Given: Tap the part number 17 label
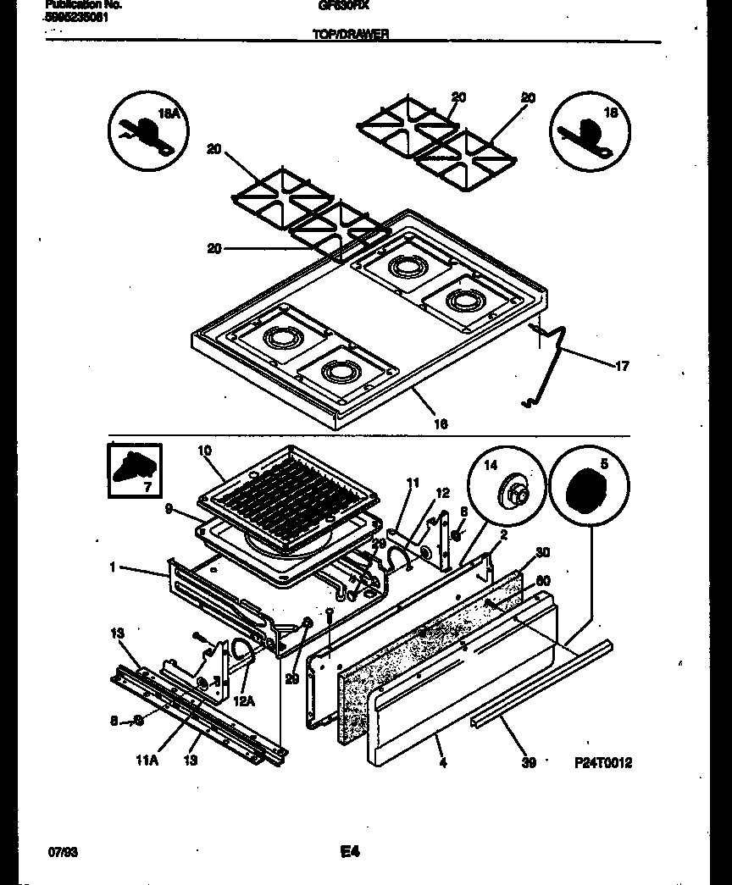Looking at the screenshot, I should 622,366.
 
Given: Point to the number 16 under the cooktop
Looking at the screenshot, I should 441,423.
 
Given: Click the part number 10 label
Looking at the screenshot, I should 204,451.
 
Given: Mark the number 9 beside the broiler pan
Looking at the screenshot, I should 169,510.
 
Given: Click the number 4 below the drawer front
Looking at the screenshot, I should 442,763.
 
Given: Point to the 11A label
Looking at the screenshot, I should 147,761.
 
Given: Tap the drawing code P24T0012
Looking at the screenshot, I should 603,763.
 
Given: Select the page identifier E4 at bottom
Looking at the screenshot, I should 350,852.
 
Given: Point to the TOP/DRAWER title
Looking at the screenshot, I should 350,34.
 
